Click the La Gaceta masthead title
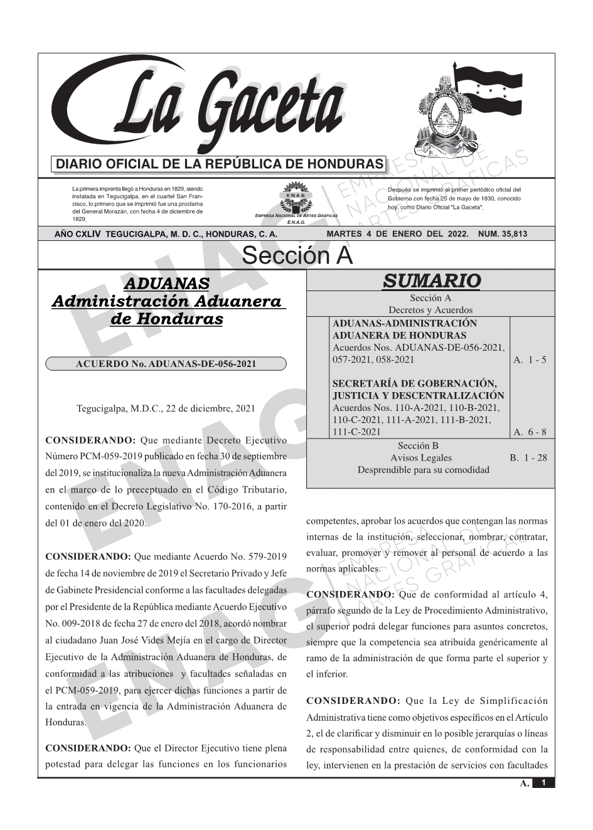pyautogui.click(x=213, y=107)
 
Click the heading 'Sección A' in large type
pyautogui.click(x=297, y=256)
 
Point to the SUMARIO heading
pyautogui.click(x=431, y=281)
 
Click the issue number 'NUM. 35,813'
pyautogui.click(x=503, y=234)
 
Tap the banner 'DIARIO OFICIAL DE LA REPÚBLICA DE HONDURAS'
pyautogui.click(x=220, y=164)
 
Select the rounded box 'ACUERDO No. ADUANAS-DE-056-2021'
pyautogui.click(x=166, y=364)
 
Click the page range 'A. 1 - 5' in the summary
pyautogui.click(x=530, y=360)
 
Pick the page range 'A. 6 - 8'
pyautogui.click(x=530, y=432)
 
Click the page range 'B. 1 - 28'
pyautogui.click(x=528, y=458)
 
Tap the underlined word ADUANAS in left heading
pyautogui.click(x=166, y=284)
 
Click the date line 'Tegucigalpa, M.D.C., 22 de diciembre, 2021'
pyautogui.click(x=166, y=408)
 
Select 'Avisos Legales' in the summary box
pyautogui.click(x=421, y=458)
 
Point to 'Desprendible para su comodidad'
pyautogui.click(x=424, y=470)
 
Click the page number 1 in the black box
pyautogui.click(x=543, y=783)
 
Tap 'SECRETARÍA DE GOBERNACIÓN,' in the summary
pyautogui.click(x=414, y=384)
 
